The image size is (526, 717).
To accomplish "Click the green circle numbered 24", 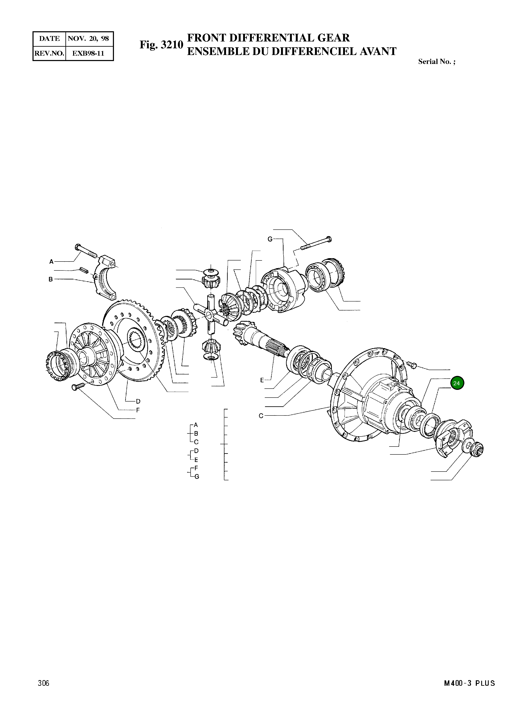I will (x=457, y=383).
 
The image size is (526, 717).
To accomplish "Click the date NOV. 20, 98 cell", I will (x=89, y=39).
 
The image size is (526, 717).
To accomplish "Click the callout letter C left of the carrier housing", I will (x=261, y=415).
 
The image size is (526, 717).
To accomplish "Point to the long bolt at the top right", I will (x=315, y=243).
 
